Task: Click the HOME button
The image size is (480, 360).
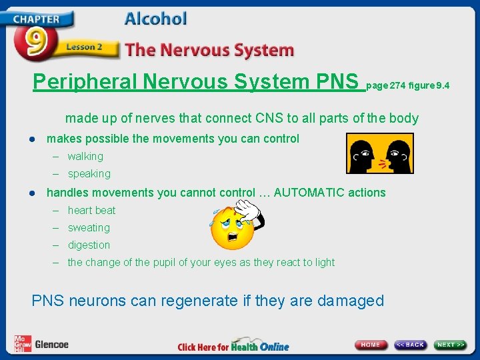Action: (371, 345)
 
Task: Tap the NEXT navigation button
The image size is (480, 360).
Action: (451, 345)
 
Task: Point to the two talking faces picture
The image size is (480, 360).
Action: (379, 153)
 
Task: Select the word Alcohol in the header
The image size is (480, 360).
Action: (155, 18)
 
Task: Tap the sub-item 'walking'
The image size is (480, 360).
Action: (85, 157)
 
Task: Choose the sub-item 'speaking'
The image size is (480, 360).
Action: (89, 174)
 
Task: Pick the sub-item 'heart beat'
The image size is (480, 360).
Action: (91, 211)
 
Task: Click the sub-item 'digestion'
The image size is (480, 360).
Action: (89, 245)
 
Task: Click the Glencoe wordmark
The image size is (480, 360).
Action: (51, 345)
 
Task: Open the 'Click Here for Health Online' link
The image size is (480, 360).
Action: (233, 346)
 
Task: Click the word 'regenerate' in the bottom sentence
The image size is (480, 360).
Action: (198, 301)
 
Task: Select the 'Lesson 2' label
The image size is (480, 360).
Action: (84, 47)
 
